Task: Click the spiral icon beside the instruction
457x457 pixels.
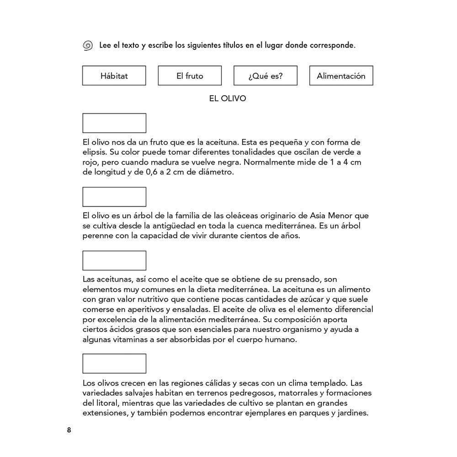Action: tap(87, 46)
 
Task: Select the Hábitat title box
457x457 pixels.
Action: tap(114, 76)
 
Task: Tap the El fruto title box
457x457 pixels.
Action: tap(190, 76)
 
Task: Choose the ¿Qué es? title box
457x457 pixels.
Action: tap(266, 76)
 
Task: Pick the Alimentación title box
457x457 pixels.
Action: tap(341, 76)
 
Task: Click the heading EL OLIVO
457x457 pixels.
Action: tap(227, 99)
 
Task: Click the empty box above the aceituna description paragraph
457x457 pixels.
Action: tap(114, 123)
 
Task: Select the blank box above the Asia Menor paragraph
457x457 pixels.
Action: tap(114, 197)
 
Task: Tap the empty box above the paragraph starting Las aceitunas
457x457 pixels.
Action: tap(114, 260)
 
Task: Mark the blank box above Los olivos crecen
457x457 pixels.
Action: tap(114, 364)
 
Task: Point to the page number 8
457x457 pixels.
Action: tap(69, 430)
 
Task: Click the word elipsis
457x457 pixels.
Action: tap(94, 152)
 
